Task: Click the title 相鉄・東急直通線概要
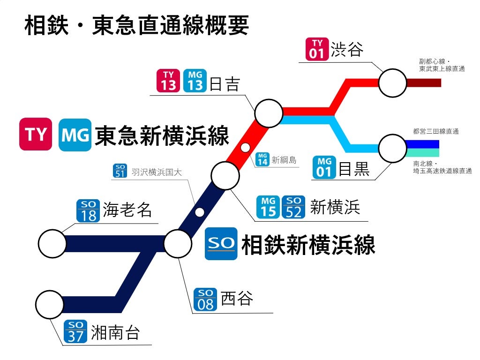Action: tap(136, 26)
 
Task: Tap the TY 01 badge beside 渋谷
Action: tap(317, 49)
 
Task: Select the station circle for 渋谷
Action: tap(392, 83)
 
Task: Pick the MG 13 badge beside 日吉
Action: tap(195, 81)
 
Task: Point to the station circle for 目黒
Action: tap(392, 149)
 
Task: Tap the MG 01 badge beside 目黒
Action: tap(324, 167)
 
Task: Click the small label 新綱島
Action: tap(284, 160)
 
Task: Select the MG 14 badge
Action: tap(263, 160)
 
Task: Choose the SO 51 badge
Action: tap(120, 171)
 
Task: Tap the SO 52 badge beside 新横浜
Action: tap(293, 207)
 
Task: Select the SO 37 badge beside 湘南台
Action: tap(75, 332)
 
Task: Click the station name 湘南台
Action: tap(115, 332)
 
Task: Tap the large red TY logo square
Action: tap(36, 135)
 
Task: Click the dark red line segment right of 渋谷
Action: tap(424, 83)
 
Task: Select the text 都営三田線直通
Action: tap(435, 132)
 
